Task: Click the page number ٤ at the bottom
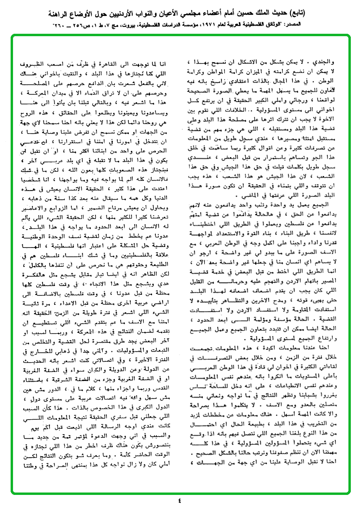(180, 500)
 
